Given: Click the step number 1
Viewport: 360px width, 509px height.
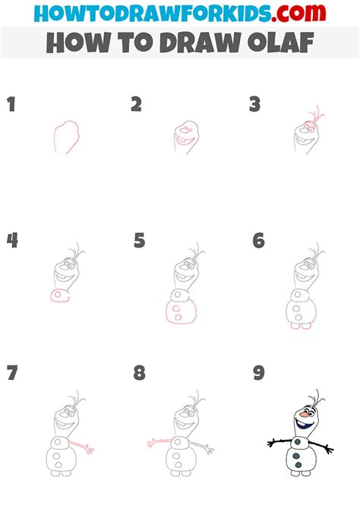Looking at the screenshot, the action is [11, 104].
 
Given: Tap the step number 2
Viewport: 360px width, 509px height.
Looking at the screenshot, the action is [137, 104].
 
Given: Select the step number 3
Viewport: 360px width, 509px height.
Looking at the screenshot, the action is [255, 104].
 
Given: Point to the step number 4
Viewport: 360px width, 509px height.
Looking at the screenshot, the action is [12, 241].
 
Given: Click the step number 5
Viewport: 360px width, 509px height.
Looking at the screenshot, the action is [139, 241].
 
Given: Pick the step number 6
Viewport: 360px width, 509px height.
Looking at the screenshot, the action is [259, 241].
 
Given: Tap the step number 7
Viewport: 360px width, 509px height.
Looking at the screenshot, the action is [12, 373].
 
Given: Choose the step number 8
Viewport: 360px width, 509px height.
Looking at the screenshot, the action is [139, 373].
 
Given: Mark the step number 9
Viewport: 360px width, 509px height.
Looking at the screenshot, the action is [259, 373].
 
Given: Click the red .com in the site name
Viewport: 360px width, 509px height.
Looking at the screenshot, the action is [299, 13].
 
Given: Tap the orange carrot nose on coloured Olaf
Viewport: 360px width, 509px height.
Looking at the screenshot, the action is [304, 415].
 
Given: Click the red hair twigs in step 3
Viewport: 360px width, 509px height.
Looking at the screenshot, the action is [317, 114].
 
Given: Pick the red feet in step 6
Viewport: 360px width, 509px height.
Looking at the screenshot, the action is [301, 326].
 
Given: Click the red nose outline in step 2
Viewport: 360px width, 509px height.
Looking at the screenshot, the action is [185, 131].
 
